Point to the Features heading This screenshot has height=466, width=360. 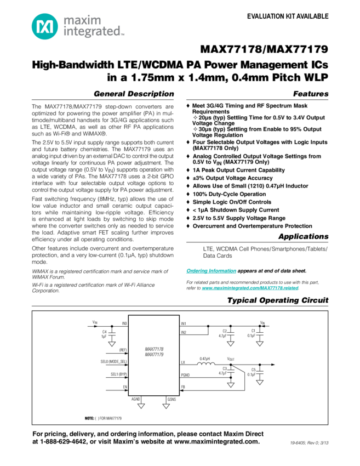click(x=310, y=94)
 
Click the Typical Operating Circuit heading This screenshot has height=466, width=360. click(x=278, y=300)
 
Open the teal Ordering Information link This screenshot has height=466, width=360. click(x=211, y=271)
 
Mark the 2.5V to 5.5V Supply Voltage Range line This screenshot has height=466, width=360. click(x=236, y=217)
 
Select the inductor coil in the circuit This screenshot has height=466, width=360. click(x=204, y=360)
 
